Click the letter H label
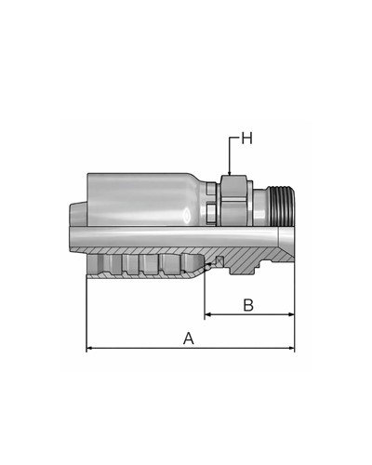[x=246, y=139]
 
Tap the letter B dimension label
[x=248, y=305]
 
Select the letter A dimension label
[x=189, y=339]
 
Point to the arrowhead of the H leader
[x=229, y=173]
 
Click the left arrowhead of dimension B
[x=208, y=314]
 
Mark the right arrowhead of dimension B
[x=291, y=314]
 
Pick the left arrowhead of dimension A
[x=89, y=348]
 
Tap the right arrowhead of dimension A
[x=291, y=348]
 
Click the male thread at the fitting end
[x=282, y=206]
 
